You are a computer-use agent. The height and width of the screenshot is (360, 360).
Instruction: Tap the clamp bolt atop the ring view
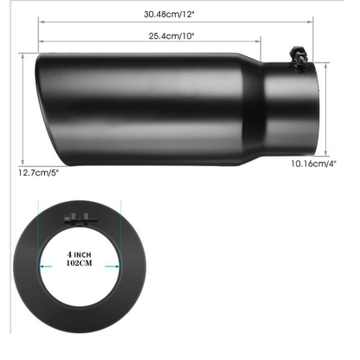[80, 218]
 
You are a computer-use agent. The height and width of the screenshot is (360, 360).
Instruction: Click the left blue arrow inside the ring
[52, 267]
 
